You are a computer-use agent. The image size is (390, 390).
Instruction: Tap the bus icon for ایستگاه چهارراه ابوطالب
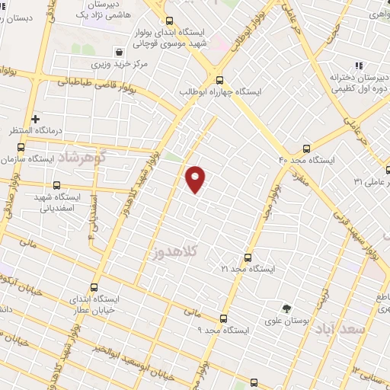(220, 79)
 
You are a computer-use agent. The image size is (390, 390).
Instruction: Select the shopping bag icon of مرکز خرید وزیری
(120, 52)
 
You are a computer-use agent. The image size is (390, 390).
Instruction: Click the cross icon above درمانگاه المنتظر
(36, 119)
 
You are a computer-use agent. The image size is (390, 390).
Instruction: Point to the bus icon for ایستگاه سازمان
(21, 147)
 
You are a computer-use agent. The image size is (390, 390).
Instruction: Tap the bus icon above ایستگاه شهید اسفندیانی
(56, 184)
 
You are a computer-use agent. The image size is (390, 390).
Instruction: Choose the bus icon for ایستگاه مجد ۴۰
(306, 148)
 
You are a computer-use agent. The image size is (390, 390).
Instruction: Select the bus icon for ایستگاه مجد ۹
(223, 318)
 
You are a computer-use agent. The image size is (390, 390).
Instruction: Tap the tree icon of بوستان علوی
(286, 308)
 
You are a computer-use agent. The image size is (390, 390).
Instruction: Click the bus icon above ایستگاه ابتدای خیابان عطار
(94, 288)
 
